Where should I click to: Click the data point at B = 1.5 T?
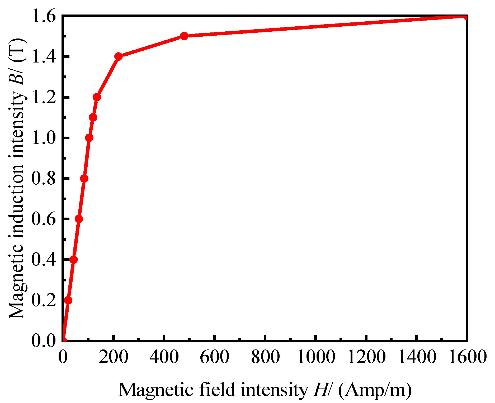tap(184, 36)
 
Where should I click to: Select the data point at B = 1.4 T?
tap(119, 56)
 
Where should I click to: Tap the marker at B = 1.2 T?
tap(97, 97)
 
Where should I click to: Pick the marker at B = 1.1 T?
tap(93, 117)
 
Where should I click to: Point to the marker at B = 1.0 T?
tap(89, 138)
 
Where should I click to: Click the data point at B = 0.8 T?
tap(84, 179)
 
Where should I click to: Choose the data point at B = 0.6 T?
tap(79, 219)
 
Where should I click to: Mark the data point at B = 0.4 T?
tap(74, 260)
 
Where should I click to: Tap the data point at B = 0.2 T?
tap(68, 300)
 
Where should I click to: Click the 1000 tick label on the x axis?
tap(316, 357)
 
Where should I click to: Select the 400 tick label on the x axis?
tap(164, 357)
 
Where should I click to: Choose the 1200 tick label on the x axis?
tap(366, 357)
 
